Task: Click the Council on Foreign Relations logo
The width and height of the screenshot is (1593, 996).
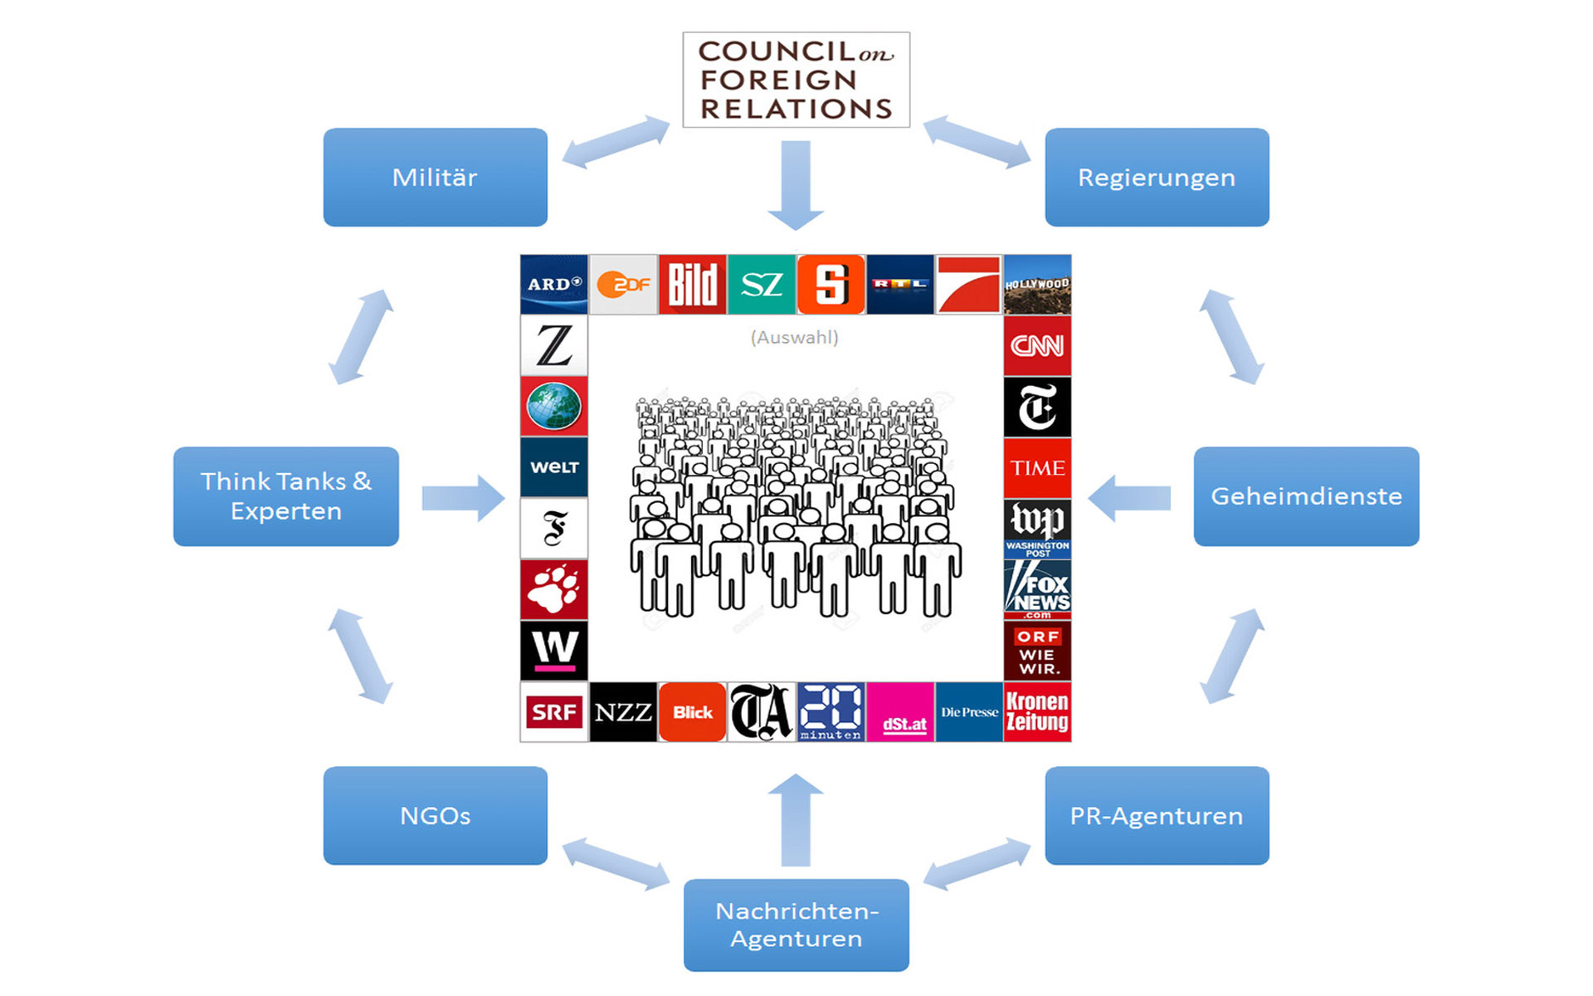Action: (796, 80)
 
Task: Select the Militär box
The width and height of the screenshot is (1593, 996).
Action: (435, 177)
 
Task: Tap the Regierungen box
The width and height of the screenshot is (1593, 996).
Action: (1157, 177)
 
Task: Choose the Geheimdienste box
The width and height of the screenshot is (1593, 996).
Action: (1306, 496)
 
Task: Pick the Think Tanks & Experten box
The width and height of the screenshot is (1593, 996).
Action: (285, 496)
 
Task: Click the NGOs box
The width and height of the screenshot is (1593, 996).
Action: (435, 815)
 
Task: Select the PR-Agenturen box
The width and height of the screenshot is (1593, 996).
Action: (1157, 815)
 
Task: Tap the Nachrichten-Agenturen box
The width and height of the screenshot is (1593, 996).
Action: (796, 925)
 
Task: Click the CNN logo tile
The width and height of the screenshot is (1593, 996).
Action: (1037, 345)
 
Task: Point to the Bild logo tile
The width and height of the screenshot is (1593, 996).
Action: (692, 285)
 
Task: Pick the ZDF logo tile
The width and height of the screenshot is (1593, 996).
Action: (623, 285)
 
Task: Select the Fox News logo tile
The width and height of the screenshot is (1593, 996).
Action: (1037, 590)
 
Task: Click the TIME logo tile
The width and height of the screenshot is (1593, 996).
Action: (1037, 468)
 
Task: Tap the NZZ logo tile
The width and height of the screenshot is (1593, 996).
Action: (623, 712)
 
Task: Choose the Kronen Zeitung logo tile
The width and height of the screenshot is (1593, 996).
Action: (1037, 712)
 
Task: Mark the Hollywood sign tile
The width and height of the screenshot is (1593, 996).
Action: (1037, 285)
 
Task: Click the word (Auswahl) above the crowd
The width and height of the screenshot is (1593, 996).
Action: (794, 338)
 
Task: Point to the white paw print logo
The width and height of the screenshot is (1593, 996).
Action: (553, 589)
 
